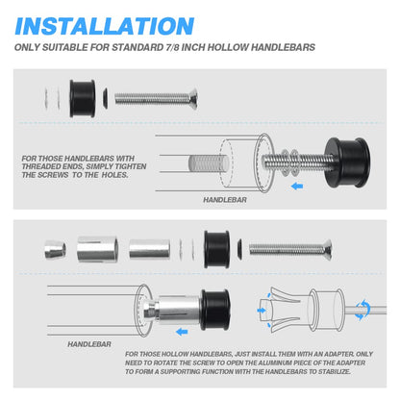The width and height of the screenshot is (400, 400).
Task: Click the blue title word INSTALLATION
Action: click(x=105, y=26)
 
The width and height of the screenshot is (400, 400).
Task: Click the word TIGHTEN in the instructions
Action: click(x=131, y=166)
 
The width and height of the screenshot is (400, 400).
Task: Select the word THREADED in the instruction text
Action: click(x=37, y=166)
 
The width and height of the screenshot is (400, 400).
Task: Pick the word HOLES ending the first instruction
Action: click(x=114, y=175)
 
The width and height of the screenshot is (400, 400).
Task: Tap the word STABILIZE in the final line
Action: click(x=334, y=371)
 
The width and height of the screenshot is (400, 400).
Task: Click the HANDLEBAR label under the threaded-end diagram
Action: click(x=225, y=200)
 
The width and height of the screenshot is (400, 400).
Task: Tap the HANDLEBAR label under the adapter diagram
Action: click(x=89, y=344)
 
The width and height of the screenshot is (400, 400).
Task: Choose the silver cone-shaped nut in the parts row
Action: click(x=55, y=249)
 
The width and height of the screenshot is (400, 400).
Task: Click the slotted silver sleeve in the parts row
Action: click(x=97, y=249)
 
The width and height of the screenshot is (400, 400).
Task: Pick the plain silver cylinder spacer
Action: click(x=149, y=249)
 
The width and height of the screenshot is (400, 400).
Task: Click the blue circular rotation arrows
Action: click(x=362, y=310)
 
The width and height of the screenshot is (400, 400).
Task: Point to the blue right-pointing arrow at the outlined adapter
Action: click(x=262, y=311)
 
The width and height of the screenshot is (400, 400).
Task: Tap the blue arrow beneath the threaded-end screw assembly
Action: click(x=297, y=186)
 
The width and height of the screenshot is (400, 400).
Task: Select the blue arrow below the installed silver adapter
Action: click(x=182, y=332)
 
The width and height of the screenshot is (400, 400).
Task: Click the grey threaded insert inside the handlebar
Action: click(x=209, y=162)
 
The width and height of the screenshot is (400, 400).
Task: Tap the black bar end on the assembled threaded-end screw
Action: click(x=347, y=162)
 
